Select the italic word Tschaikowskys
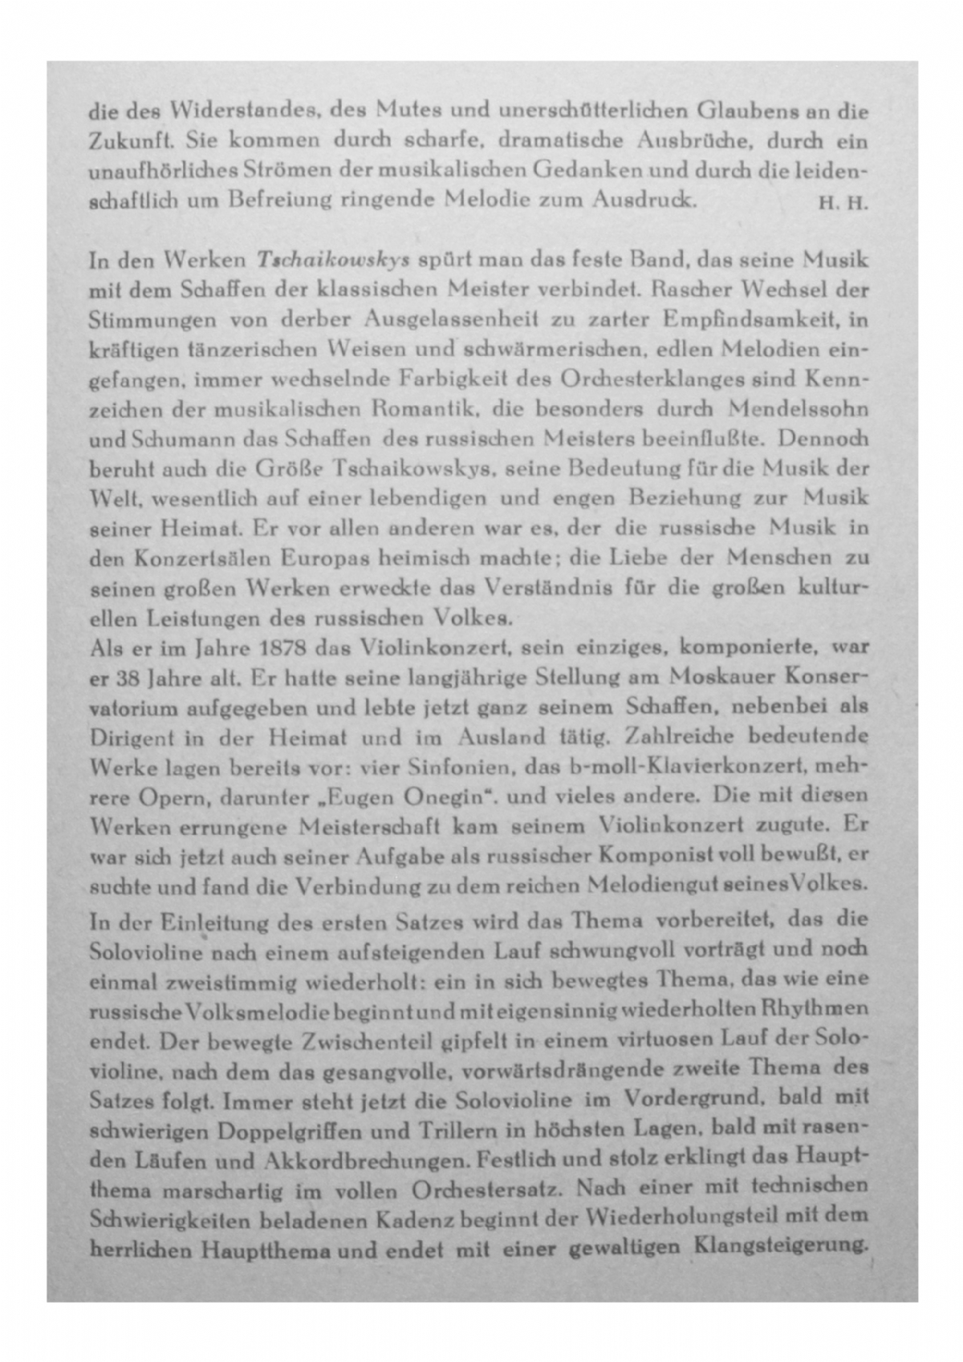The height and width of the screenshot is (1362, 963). pyautogui.click(x=333, y=261)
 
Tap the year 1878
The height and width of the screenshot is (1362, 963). pyautogui.click(x=286, y=647)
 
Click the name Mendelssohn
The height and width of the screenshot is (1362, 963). pyautogui.click(x=798, y=408)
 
